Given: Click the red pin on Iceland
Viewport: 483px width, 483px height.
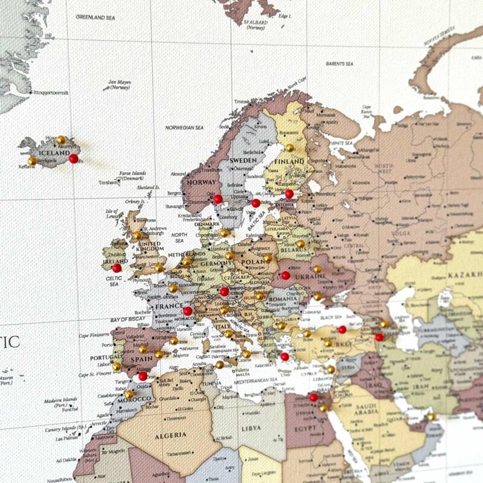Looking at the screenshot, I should tap(74, 158).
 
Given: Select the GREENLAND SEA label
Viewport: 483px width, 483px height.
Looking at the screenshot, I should tap(95, 17).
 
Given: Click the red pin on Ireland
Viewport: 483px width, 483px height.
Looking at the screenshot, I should tap(117, 267).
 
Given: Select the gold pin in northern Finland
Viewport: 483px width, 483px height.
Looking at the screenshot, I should tap(289, 147).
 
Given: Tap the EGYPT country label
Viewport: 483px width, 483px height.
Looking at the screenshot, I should tap(305, 427).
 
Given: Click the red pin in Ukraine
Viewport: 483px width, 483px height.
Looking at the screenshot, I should tap(286, 275).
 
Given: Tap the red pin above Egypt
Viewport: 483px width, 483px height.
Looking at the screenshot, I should tap(313, 397).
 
